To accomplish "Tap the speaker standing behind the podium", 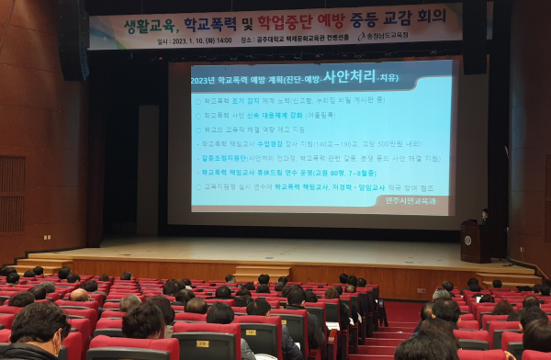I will (x=484, y=217).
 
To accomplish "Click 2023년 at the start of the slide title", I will (x=208, y=81).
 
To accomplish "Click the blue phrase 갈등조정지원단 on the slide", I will (x=226, y=158).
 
